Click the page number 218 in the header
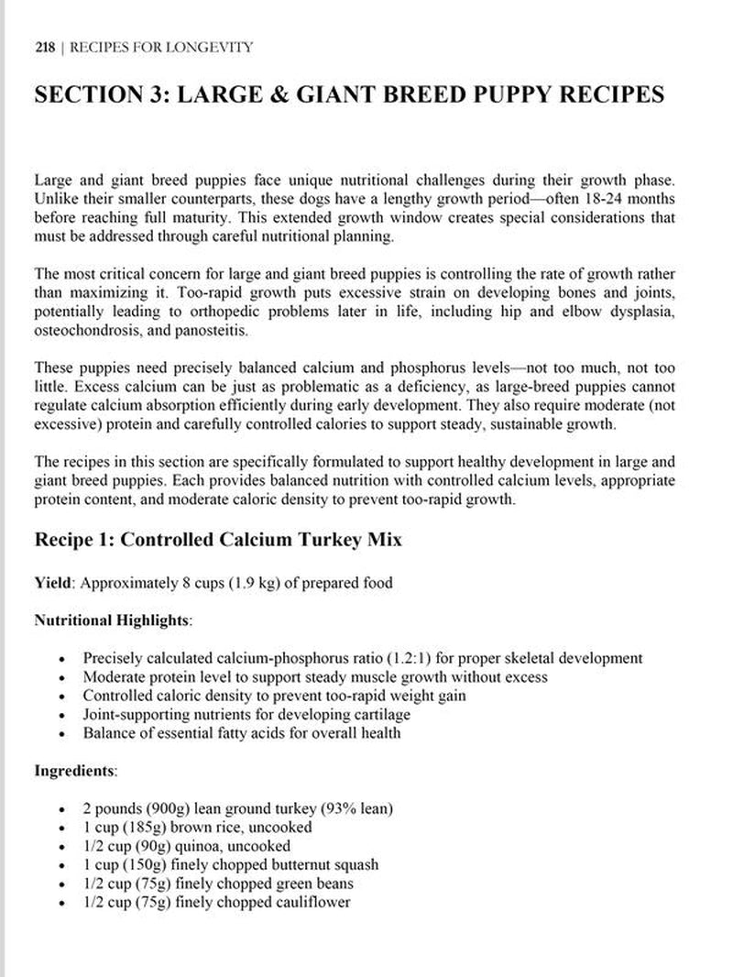point(43,47)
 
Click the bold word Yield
point(52,583)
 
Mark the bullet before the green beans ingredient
point(61,884)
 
